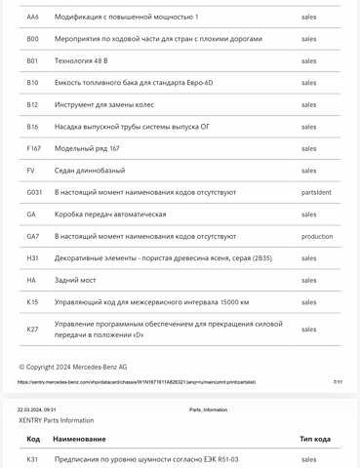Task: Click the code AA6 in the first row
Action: pyautogui.click(x=33, y=18)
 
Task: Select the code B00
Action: pyautogui.click(x=33, y=39)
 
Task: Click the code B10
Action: pyautogui.click(x=33, y=82)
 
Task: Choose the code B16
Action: pyautogui.click(x=33, y=126)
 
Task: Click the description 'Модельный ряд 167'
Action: pyautogui.click(x=87, y=148)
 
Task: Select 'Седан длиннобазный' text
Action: pyautogui.click(x=90, y=170)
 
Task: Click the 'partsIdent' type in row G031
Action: pyautogui.click(x=316, y=192)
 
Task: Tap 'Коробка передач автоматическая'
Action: pyautogui.click(x=110, y=214)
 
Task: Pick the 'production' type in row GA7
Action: pyautogui.click(x=317, y=236)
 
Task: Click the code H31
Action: pyautogui.click(x=33, y=257)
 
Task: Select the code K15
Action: pyautogui.click(x=33, y=301)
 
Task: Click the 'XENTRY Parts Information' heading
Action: pyautogui.click(x=57, y=420)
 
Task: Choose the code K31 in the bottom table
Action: pyautogui.click(x=33, y=458)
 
